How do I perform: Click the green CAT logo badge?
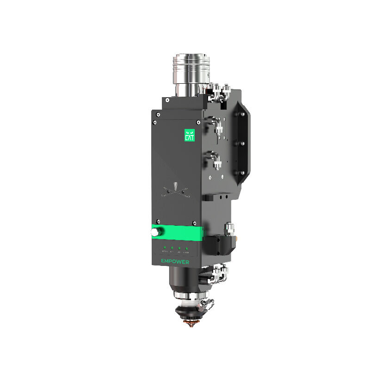189,135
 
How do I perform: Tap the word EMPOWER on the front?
176,261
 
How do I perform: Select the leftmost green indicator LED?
164,248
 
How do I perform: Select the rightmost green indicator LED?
186,249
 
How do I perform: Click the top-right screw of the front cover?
198,122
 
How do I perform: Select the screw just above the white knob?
158,222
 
